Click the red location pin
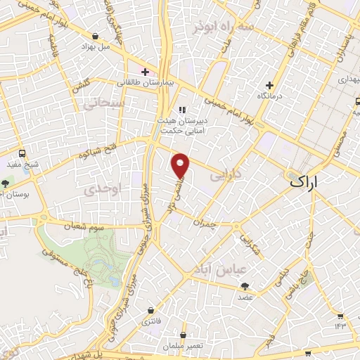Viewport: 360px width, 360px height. (x=181, y=165)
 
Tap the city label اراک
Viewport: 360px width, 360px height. (x=304, y=181)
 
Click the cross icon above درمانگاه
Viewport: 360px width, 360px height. (x=269, y=84)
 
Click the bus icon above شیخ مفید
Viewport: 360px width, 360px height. (x=22, y=153)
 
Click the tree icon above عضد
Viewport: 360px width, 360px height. (x=245, y=286)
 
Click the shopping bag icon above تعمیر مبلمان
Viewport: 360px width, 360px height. (x=183, y=335)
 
